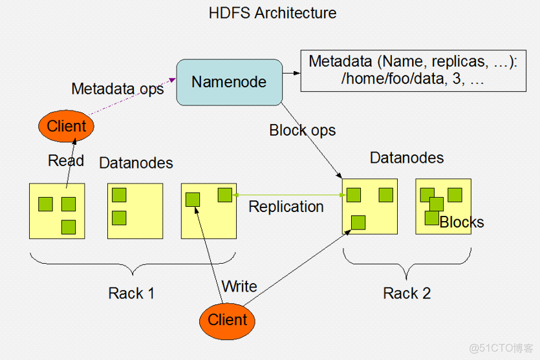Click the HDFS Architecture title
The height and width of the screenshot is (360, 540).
pos(272,13)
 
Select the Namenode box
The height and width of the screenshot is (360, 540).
pos(229,82)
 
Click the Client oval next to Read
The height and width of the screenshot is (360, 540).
pos(67,126)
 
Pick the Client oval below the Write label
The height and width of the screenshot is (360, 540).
pos(227,320)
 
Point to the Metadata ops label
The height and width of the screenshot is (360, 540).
pos(117,89)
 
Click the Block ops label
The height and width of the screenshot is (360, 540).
pos(302,130)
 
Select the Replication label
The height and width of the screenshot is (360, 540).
pos(286,207)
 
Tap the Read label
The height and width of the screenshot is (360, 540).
pos(66,160)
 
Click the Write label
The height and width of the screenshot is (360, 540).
pos(239,286)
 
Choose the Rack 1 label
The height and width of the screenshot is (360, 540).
pos(131,293)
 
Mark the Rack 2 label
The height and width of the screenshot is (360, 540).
pos(406,293)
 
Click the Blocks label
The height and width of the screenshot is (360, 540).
pos(461,222)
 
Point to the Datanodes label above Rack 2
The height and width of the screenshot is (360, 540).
pos(406,158)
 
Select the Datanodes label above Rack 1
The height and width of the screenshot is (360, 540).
pos(136,163)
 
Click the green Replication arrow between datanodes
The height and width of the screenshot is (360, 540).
pos(288,194)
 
